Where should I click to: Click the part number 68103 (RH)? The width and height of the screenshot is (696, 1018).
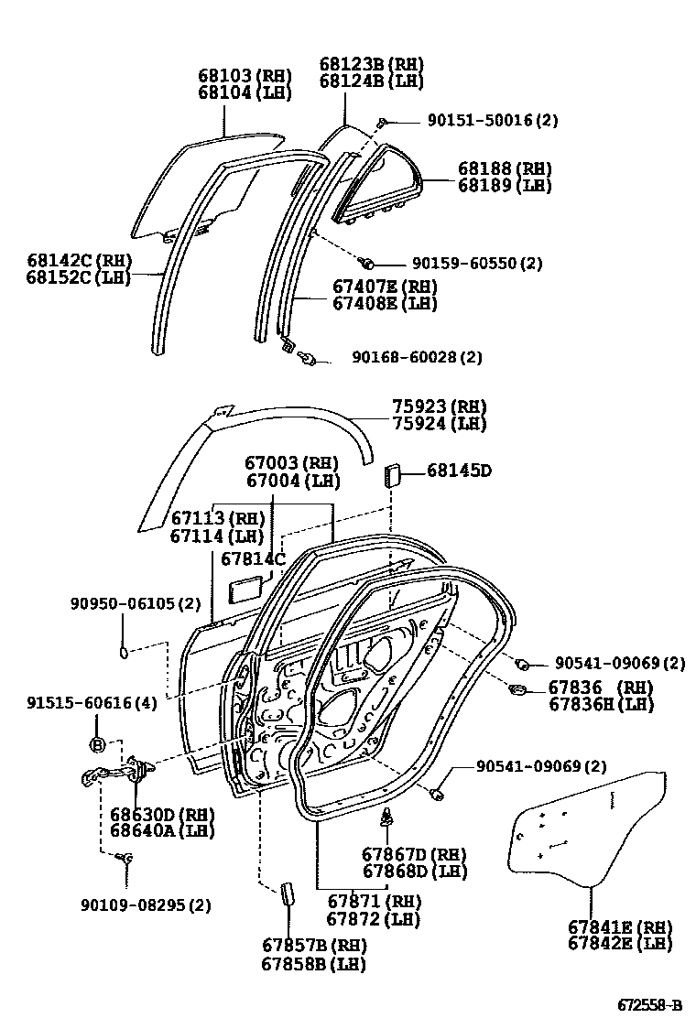(244, 75)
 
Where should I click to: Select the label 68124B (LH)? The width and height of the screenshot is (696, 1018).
(371, 81)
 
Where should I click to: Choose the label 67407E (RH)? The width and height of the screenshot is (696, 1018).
(385, 286)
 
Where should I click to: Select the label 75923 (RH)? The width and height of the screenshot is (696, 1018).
(439, 406)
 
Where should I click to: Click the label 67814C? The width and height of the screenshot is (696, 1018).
(254, 558)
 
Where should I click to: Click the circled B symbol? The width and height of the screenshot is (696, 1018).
(99, 743)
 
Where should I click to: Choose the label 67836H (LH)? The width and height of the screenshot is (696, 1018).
(600, 704)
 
